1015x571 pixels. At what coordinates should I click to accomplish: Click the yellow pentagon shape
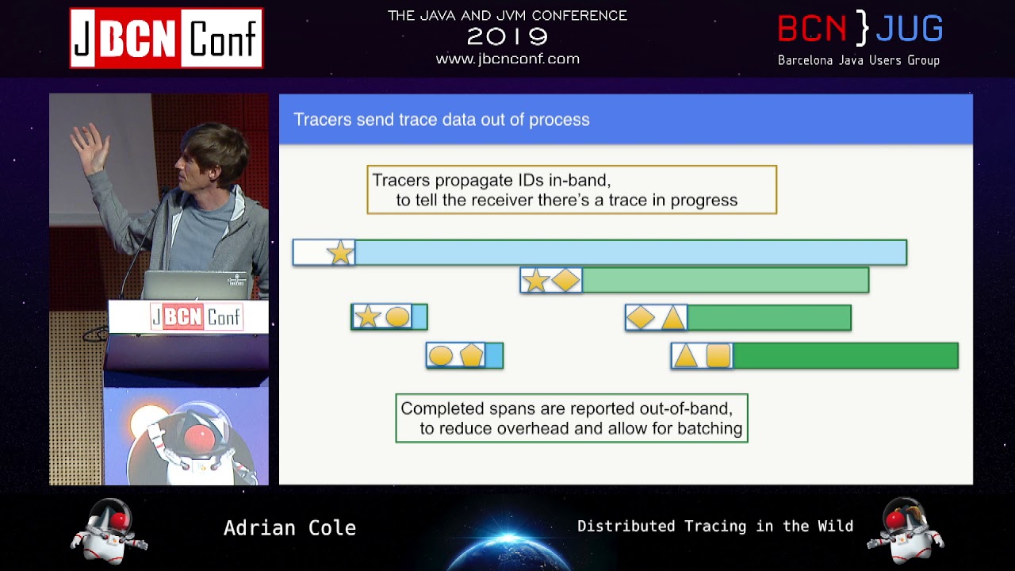tap(471, 354)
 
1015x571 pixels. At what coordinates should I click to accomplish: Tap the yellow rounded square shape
tap(718, 355)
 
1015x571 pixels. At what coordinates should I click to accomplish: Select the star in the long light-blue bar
tap(340, 252)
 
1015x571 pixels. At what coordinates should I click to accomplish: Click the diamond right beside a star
tap(565, 280)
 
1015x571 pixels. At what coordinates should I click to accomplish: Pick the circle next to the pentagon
tap(440, 355)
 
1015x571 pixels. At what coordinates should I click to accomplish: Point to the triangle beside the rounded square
tap(686, 355)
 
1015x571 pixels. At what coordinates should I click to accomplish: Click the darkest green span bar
tap(845, 356)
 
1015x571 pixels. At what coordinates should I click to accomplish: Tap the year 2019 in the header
tap(507, 36)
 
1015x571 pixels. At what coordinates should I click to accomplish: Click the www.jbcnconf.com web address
tap(507, 59)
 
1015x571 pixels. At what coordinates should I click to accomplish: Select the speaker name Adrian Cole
tap(290, 528)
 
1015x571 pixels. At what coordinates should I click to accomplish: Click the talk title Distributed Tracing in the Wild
tap(715, 526)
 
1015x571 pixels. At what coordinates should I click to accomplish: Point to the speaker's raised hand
tap(90, 148)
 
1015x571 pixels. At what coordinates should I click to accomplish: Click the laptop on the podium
tap(196, 285)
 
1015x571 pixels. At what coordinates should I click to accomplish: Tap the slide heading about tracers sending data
tap(442, 120)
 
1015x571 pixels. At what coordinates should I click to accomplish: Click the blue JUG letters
tap(909, 29)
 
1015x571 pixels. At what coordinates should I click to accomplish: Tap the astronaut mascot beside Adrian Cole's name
tap(109, 531)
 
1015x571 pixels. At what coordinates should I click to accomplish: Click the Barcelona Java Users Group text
tap(859, 60)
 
